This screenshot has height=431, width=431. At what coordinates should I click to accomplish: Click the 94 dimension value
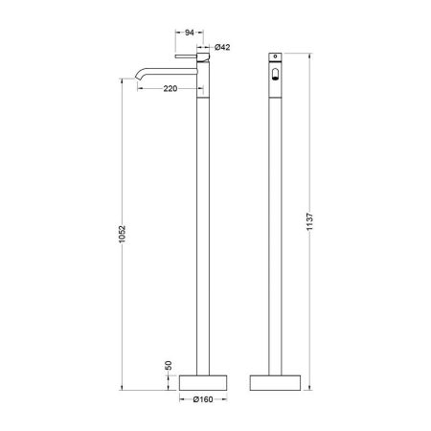[x=190, y=33]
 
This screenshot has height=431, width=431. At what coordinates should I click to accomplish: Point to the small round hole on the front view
[x=275, y=58]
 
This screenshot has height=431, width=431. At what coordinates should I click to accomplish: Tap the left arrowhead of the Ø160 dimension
[x=183, y=399]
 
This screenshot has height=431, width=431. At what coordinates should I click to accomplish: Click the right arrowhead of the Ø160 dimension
[x=226, y=399]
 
